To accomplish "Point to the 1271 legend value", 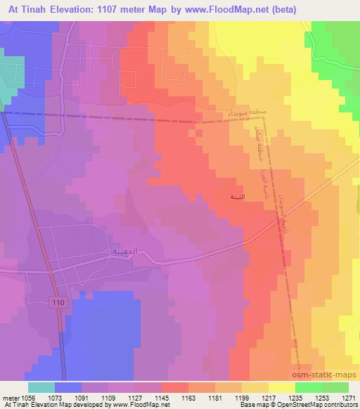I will [x=348, y=398].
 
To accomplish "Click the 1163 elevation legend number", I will [x=188, y=398].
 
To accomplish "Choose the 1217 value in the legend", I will [x=268, y=398].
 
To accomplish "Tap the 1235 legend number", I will [x=295, y=398].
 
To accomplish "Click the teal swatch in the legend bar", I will [x=41, y=387].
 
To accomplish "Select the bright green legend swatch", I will [x=308, y=387].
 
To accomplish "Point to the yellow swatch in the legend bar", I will [x=281, y=387].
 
